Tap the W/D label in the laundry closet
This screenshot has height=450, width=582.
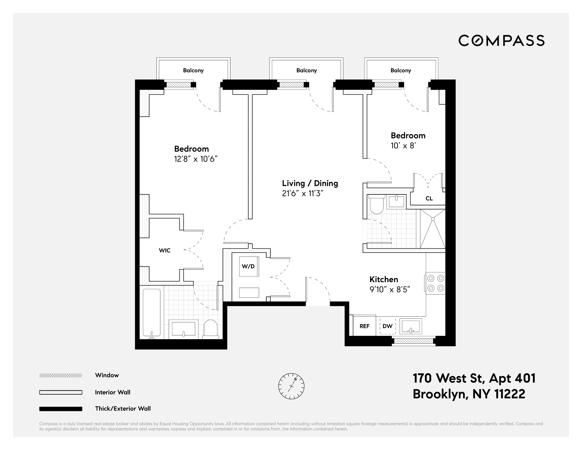point(248,266)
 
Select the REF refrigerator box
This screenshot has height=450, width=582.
point(364,326)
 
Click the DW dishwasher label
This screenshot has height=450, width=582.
point(387,326)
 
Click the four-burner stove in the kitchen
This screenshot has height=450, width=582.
point(435,283)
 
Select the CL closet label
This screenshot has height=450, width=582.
point(429,198)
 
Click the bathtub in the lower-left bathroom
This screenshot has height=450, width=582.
point(152,313)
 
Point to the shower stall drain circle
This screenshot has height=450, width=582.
point(433,219)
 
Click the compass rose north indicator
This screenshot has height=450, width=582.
point(295,379)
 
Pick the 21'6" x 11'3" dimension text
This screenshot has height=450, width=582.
point(303,193)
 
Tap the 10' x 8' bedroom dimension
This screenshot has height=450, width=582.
point(403,146)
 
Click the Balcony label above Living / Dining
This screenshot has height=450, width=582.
point(306,70)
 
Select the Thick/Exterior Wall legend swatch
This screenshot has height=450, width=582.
point(61,409)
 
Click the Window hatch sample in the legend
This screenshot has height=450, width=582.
point(61,375)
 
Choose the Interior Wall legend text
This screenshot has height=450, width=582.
point(112,392)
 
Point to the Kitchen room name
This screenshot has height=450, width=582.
point(383,279)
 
